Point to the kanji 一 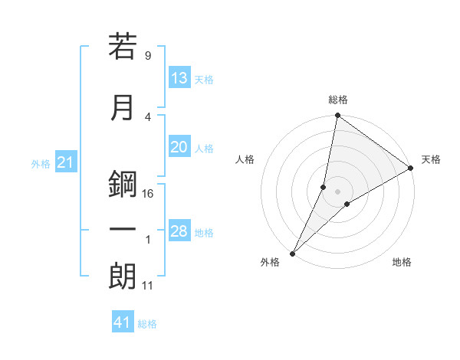(x=123, y=230)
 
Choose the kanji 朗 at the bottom (x=123, y=277)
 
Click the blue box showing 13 (x=179, y=78)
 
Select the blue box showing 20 (x=179, y=148)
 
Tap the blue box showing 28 (x=179, y=232)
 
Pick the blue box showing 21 (x=65, y=162)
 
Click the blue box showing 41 (x=123, y=322)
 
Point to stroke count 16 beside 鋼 (x=149, y=193)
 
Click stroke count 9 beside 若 (x=147, y=55)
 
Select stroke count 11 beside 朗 (x=148, y=286)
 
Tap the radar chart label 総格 (x=338, y=100)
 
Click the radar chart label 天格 (x=431, y=159)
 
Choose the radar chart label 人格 (x=245, y=159)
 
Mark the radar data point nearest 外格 (x=292, y=253)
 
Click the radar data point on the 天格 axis (x=411, y=169)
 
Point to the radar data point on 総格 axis (x=337, y=116)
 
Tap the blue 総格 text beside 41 (x=147, y=324)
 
